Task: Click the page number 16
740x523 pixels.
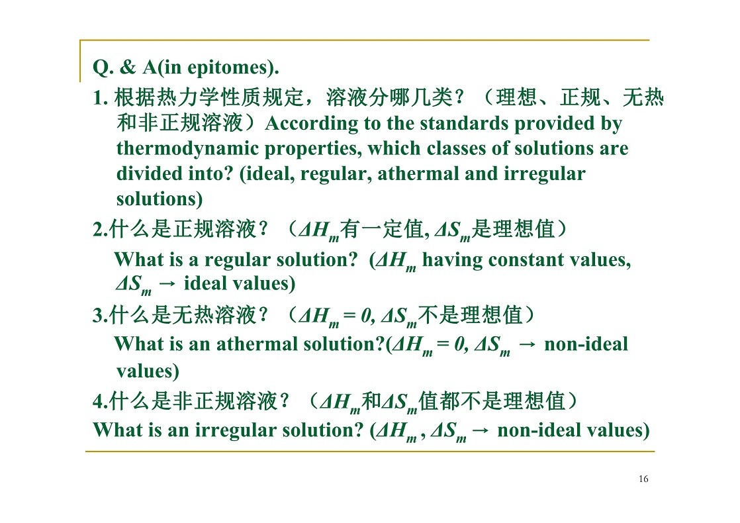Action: click(x=643, y=479)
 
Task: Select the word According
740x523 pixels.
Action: click(x=312, y=123)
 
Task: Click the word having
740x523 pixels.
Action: click(x=452, y=260)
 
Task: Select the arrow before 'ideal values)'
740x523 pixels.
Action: click(x=167, y=284)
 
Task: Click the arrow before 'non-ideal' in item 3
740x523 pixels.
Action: click(x=527, y=345)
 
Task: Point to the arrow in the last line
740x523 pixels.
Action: click(x=481, y=430)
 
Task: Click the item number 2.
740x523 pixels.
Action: click(x=101, y=230)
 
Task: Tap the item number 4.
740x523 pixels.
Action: click(x=101, y=402)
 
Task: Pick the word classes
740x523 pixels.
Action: click(x=456, y=148)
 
